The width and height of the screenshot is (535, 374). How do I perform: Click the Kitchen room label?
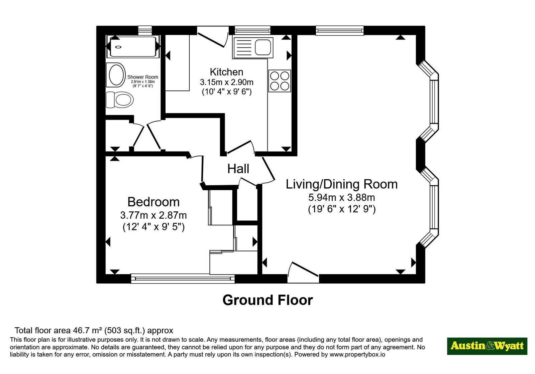[x=226, y=72]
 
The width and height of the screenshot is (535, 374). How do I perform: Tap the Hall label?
[x=238, y=169]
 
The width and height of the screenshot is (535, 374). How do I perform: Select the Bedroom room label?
[x=153, y=202]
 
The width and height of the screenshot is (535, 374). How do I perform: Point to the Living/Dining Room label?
[x=341, y=184]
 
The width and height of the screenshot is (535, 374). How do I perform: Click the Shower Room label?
[x=142, y=77]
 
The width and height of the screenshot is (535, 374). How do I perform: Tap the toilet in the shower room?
[x=120, y=100]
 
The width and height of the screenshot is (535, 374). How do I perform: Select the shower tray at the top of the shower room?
[x=133, y=46]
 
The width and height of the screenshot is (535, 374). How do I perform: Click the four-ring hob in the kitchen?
[x=280, y=80]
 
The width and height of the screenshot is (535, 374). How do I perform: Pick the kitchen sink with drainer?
[x=253, y=48]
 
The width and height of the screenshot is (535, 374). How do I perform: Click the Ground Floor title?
[x=268, y=300]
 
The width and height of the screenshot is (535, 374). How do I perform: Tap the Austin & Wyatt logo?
[x=487, y=346]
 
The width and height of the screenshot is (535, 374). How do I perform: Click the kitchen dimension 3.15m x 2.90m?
[x=226, y=82]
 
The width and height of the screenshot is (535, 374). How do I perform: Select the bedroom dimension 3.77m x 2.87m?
[x=153, y=215]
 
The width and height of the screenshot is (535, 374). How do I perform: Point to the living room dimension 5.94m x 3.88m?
[x=341, y=197]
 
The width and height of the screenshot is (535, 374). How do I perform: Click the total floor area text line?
[x=94, y=330]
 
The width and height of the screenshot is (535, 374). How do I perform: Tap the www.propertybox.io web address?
[x=357, y=354]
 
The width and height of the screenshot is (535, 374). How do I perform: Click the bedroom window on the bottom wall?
[x=183, y=278]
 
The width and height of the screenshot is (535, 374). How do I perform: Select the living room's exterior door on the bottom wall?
[x=303, y=272]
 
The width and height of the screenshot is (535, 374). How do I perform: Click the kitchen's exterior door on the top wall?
[x=213, y=37]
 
